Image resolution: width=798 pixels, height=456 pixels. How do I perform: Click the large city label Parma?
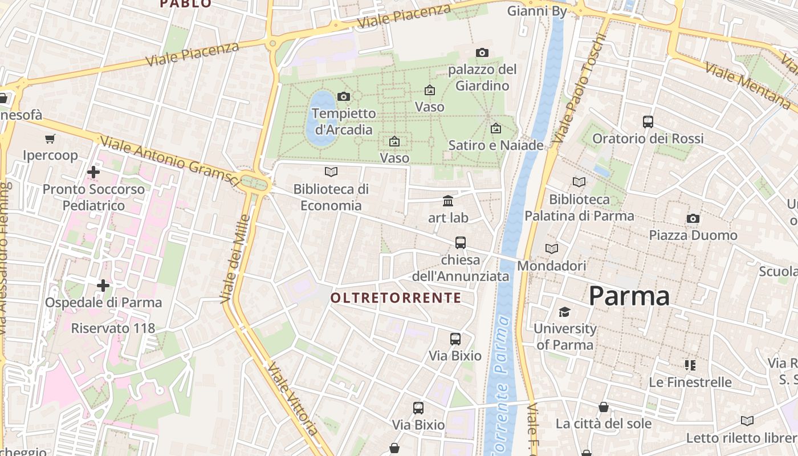point(629,296)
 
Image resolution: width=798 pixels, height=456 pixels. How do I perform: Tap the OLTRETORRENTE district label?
point(396,298)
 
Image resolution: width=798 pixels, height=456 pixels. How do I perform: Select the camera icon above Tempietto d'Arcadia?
point(343,96)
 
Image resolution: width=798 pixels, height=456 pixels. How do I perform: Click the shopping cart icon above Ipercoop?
point(50,139)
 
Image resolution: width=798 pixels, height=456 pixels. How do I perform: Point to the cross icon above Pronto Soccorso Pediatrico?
point(93,172)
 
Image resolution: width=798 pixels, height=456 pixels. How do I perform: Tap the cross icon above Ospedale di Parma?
point(103,285)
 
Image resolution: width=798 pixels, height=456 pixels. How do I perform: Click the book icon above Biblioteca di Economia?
point(331,172)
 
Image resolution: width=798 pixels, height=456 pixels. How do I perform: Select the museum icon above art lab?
point(448,201)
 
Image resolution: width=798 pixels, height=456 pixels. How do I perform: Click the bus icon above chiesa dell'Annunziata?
point(461,243)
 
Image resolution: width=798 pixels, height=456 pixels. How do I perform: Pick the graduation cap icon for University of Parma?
point(564,312)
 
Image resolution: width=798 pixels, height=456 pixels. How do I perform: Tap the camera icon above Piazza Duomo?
point(693,218)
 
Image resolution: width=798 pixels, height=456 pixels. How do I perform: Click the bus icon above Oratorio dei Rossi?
point(648,121)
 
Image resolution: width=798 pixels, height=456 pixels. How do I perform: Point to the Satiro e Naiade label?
point(496,145)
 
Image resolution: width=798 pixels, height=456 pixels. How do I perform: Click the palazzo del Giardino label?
point(482,78)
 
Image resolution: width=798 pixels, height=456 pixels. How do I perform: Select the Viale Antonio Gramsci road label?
point(169,161)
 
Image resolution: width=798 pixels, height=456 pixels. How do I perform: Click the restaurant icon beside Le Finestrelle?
point(690,365)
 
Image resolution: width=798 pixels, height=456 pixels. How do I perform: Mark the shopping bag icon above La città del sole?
point(604,407)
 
